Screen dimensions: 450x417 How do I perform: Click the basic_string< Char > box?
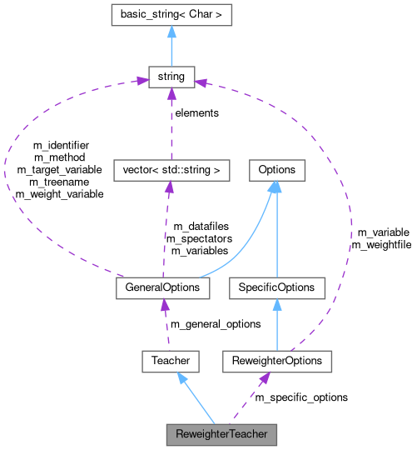point(171,14)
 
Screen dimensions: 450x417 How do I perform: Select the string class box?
point(171,78)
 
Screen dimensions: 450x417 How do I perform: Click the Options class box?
point(276,170)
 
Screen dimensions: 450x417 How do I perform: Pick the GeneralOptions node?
point(162,287)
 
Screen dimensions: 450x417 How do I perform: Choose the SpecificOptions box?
point(276,287)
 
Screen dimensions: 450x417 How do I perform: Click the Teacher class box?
point(171,361)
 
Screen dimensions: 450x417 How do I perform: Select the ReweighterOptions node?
point(277,361)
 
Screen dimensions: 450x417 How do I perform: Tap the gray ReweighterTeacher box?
point(221,434)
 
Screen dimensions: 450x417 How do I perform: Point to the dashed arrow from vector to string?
point(171,125)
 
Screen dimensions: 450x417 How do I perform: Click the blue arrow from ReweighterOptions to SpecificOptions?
point(276,325)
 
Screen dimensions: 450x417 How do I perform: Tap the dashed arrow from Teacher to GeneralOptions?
point(166,325)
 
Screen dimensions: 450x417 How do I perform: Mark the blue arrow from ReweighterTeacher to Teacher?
point(196,397)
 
